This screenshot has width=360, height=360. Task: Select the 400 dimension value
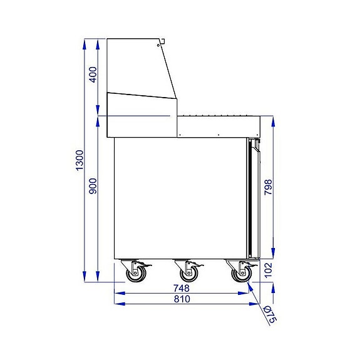tap(93, 76)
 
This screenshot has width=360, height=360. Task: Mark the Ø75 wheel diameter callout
tap(270, 313)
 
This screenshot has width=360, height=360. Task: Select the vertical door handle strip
tap(253, 200)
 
